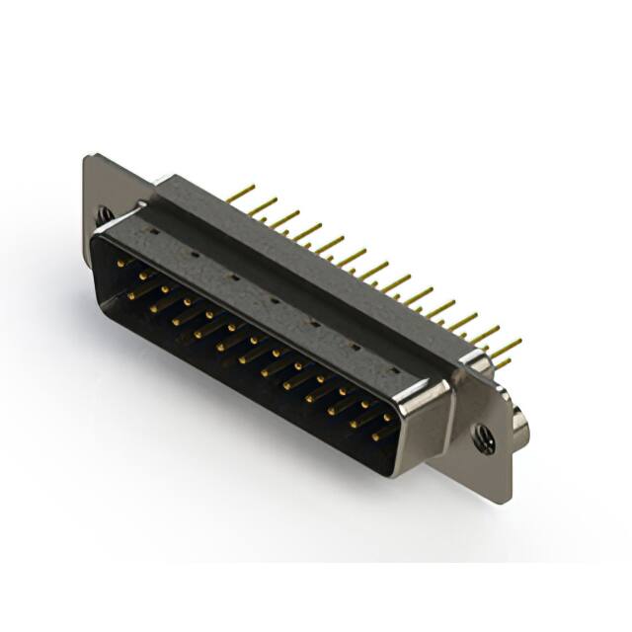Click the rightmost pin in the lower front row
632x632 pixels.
coord(380,432)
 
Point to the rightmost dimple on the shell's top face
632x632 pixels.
coord(394,369)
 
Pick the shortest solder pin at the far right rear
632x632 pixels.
coord(502,363)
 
